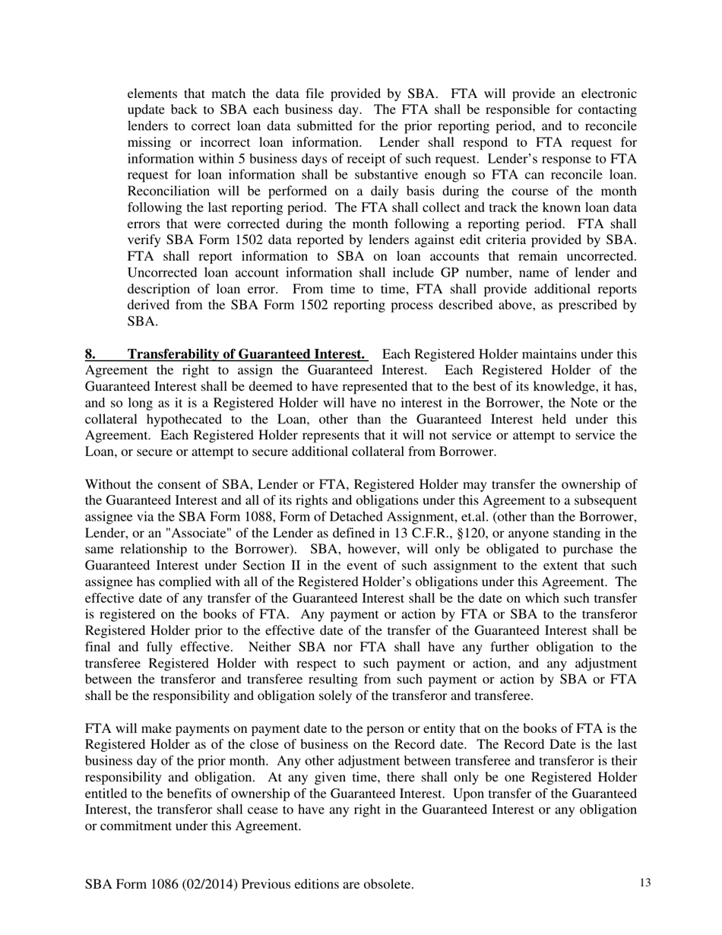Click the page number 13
tap(645, 883)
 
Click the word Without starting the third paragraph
tap(109, 484)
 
